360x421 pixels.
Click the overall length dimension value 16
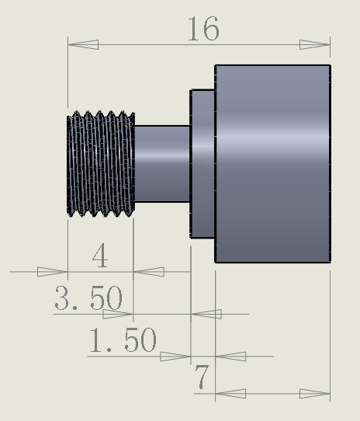point(202,30)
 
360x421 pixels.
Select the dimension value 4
point(100,256)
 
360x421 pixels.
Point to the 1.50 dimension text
point(123,340)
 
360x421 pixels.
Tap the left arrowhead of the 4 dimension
point(53,272)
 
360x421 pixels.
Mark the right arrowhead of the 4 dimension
point(149,272)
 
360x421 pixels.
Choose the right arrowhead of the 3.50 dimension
point(206,315)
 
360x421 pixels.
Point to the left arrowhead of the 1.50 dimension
point(175,357)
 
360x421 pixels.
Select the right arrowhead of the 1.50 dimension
point(230,357)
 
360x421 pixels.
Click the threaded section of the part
point(101,164)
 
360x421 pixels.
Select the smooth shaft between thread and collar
point(162,164)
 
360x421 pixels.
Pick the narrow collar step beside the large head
point(202,164)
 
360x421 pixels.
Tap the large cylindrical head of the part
point(272,164)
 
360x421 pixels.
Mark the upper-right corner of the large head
point(330,66)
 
